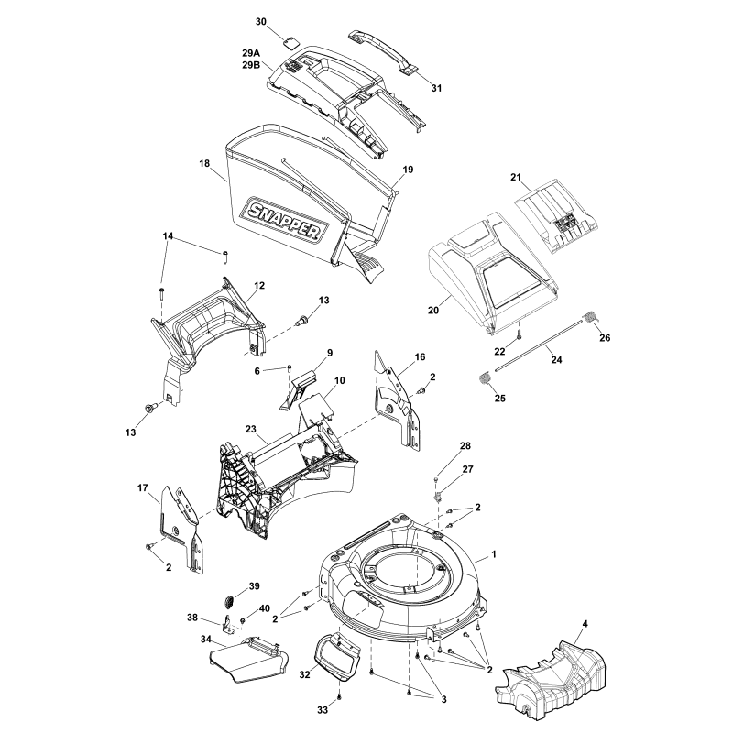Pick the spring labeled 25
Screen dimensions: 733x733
coord(487,377)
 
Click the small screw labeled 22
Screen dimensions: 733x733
coord(520,336)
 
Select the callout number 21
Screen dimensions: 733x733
coord(542,176)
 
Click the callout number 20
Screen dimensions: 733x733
coord(433,311)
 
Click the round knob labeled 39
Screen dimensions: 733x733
coord(229,601)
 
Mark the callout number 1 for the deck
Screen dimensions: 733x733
coord(495,555)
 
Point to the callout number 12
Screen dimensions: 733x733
coord(259,286)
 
